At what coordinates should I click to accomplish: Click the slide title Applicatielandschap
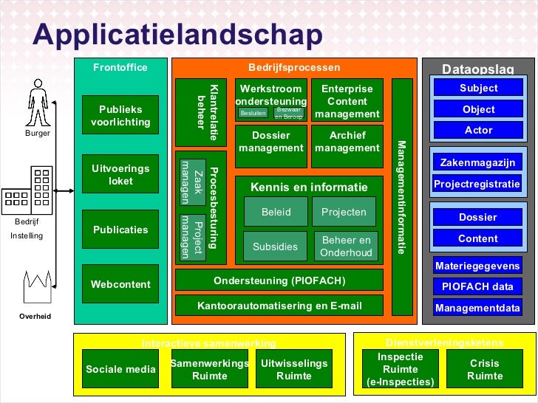click(x=178, y=35)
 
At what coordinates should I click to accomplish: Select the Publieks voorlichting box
click(x=120, y=115)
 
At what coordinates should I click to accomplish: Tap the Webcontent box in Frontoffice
click(x=120, y=283)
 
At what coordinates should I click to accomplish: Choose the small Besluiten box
click(x=253, y=114)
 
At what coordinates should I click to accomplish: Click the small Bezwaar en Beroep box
click(x=289, y=113)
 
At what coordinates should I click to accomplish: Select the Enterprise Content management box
click(x=347, y=100)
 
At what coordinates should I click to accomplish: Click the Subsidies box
click(x=275, y=247)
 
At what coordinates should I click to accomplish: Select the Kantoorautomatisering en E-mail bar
click(x=279, y=305)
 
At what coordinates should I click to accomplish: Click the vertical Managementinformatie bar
click(x=401, y=197)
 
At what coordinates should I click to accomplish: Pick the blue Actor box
click(x=478, y=131)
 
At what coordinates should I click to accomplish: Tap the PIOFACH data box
click(x=477, y=287)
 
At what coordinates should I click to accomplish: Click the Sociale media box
click(x=120, y=369)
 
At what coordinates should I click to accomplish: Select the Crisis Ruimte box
click(x=485, y=369)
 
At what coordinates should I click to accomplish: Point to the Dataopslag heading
click(x=477, y=69)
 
